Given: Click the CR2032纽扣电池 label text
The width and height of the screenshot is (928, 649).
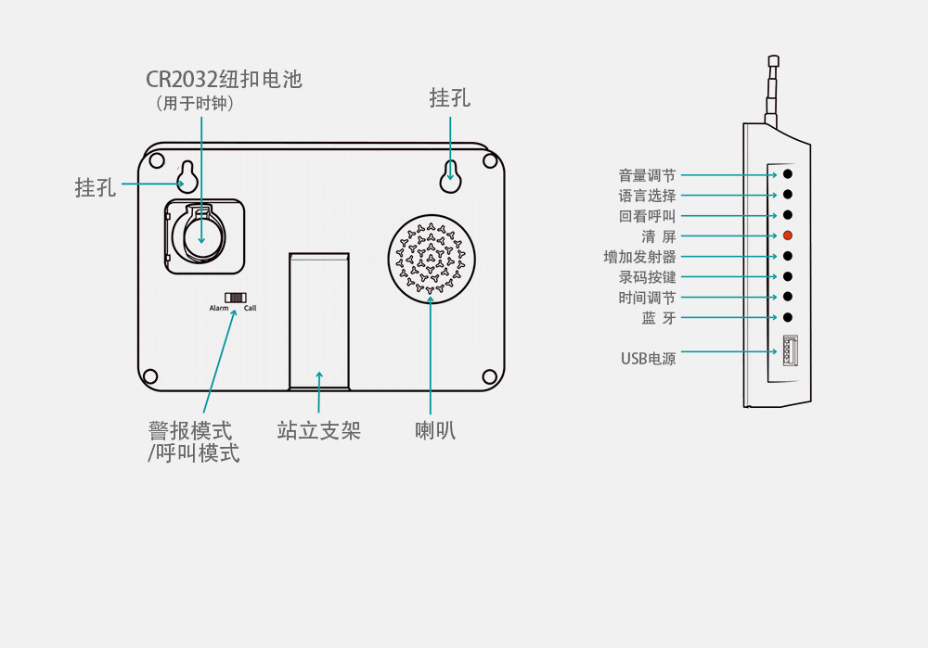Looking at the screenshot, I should click(224, 79).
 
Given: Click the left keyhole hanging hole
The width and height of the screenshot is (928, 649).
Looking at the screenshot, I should click(187, 176).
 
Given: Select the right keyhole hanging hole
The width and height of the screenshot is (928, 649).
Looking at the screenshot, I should click(451, 173).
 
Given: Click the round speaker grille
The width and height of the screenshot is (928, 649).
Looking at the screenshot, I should click(430, 257).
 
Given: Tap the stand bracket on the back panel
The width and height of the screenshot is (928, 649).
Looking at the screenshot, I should click(318, 320).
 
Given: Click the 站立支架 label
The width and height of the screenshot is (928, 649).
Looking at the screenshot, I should click(318, 431).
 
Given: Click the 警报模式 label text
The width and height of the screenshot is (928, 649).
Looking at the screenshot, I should click(190, 431).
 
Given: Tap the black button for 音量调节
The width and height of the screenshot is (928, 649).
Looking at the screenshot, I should click(788, 174).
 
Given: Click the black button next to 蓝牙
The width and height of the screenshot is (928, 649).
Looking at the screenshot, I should click(788, 318).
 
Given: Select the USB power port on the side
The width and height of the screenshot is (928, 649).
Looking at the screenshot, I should click(790, 352).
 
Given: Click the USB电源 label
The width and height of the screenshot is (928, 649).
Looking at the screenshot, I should click(648, 359).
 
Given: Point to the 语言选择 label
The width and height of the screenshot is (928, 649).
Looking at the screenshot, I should click(647, 196).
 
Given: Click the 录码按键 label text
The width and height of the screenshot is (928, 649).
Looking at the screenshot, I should click(647, 277).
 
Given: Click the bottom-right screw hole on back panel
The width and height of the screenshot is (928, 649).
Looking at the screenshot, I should click(490, 375).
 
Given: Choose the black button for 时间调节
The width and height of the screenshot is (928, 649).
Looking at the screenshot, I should click(788, 297).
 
